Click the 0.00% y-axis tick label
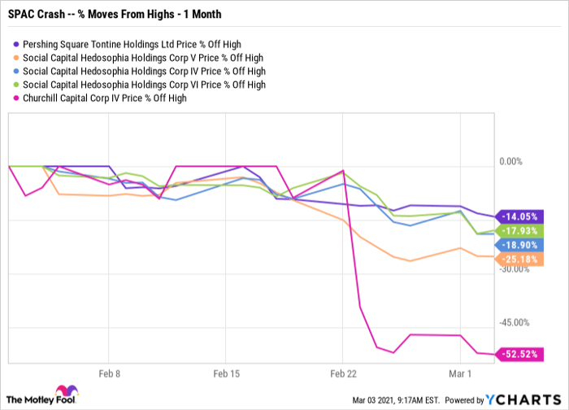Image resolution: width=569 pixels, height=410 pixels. point(513,162)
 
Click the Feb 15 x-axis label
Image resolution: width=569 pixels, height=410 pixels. point(225,375)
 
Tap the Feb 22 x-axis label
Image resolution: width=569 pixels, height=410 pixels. point(343,375)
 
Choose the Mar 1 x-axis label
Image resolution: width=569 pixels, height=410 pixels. point(460,375)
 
